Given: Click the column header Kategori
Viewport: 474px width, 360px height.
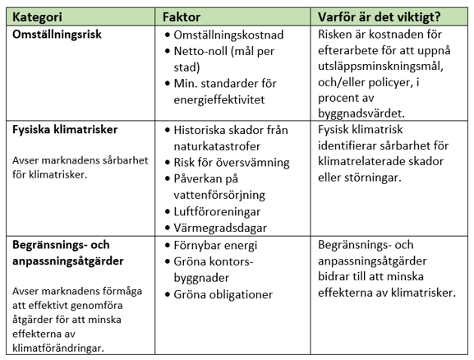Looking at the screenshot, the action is [45, 16].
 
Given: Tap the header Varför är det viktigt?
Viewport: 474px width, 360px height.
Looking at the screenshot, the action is [384, 16].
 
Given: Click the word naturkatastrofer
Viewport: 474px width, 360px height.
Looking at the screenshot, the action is [222, 146].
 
